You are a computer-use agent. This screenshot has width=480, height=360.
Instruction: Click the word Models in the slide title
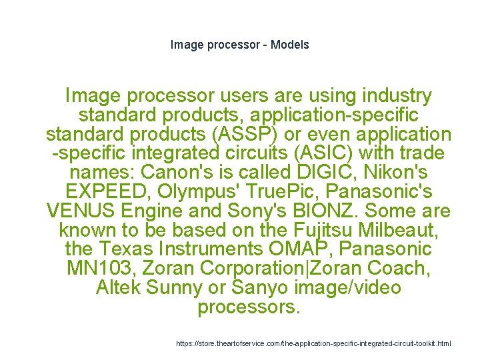coord(290,45)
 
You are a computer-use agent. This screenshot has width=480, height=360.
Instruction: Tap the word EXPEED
coord(97,192)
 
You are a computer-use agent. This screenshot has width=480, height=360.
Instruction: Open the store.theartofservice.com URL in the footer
coord(313,344)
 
